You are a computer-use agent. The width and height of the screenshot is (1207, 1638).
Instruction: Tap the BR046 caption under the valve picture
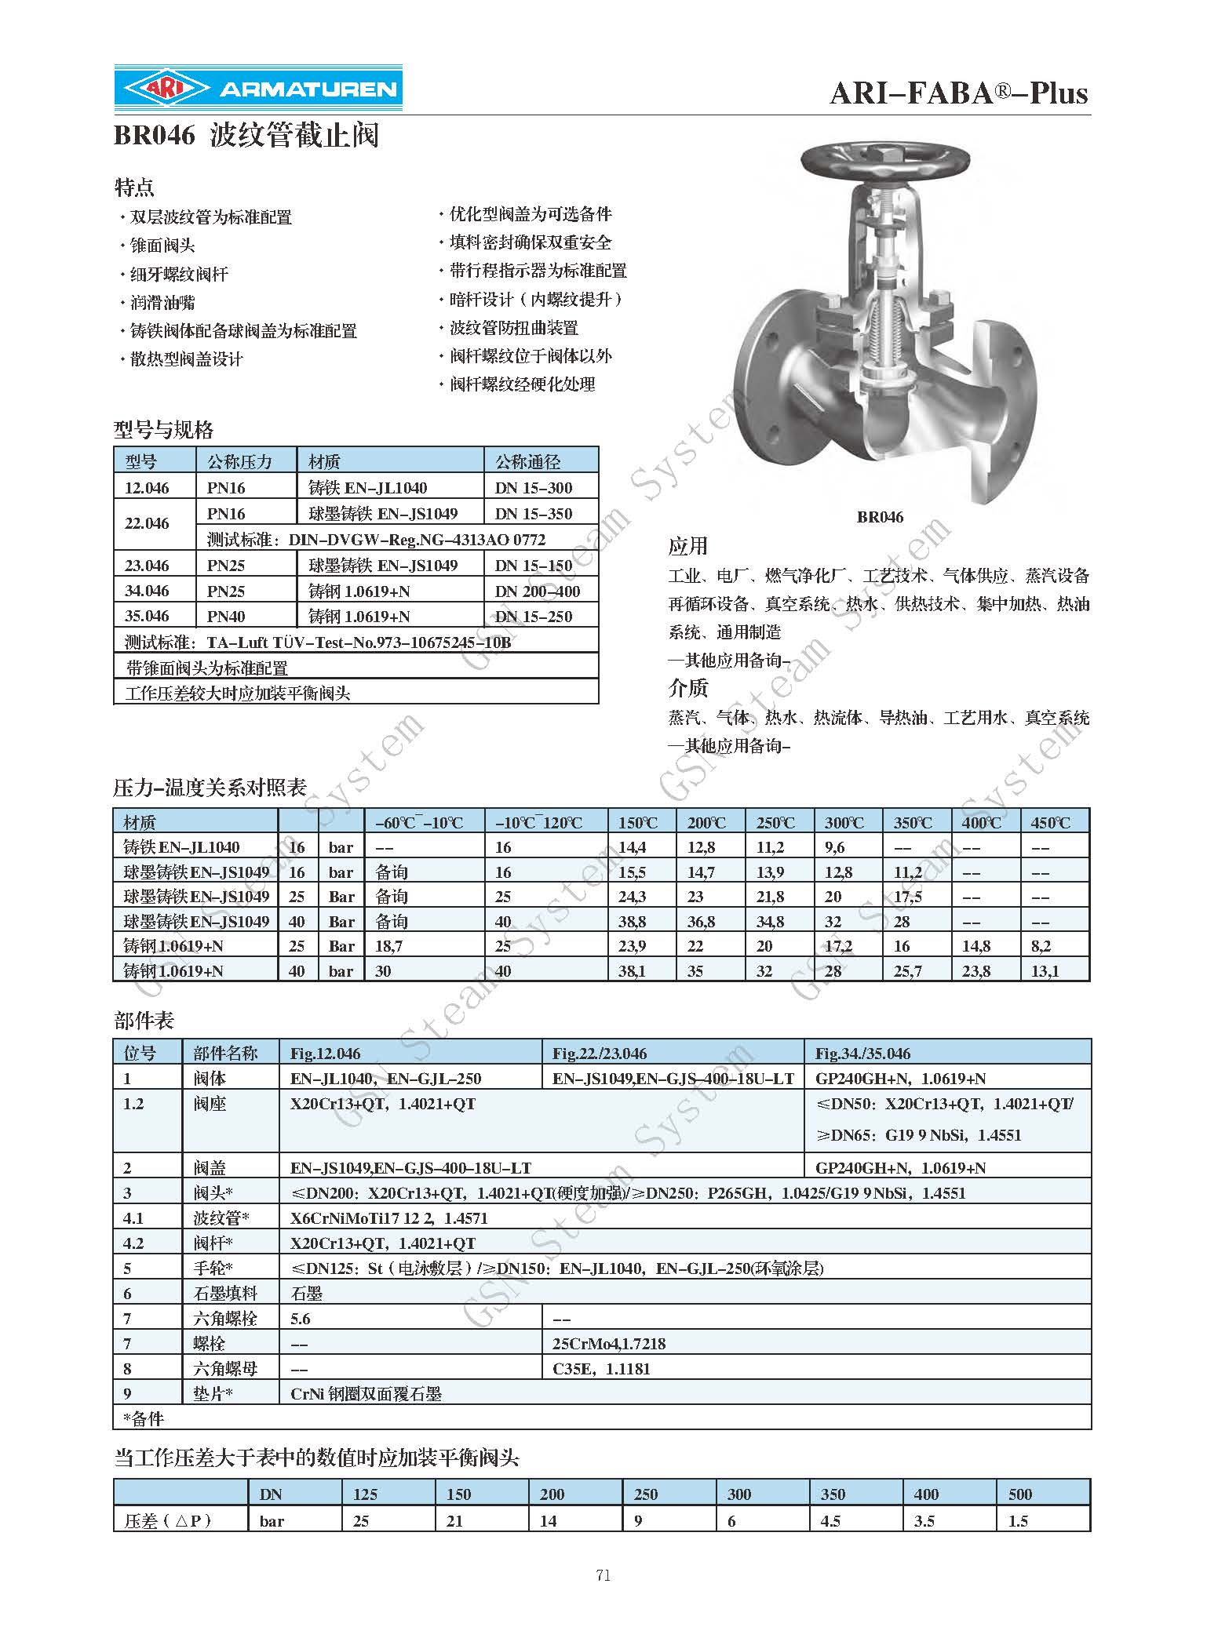(x=880, y=516)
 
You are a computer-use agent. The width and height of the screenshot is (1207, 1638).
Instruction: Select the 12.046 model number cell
(x=147, y=488)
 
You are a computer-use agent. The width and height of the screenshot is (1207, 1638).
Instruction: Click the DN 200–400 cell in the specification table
(x=537, y=591)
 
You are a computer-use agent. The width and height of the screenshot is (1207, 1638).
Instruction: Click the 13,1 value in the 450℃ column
(x=1045, y=971)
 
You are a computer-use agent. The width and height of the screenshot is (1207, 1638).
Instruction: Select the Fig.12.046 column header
(x=325, y=1054)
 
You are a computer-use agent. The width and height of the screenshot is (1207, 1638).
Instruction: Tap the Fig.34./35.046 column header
(x=863, y=1054)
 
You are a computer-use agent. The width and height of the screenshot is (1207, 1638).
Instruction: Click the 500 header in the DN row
(x=1019, y=1494)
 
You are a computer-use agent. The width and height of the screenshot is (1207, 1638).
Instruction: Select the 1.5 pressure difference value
(x=1018, y=1521)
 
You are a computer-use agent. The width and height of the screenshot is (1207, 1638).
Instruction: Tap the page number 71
(x=603, y=1575)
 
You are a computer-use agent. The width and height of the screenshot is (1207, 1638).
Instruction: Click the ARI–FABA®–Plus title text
(x=958, y=94)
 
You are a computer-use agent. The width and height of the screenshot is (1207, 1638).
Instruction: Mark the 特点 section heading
(x=134, y=187)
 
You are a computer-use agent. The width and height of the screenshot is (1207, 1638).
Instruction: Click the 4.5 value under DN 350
(x=830, y=1521)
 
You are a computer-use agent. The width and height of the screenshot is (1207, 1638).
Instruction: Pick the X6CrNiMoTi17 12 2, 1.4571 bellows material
(x=388, y=1218)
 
